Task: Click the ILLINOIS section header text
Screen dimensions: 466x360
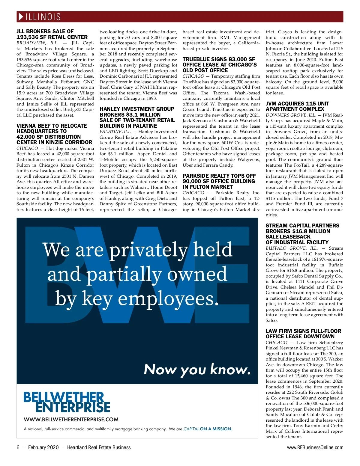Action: coord(43,17)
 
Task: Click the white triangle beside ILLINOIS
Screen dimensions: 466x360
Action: coord(21,17)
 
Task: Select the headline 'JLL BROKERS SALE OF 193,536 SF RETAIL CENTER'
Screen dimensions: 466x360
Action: coord(52,34)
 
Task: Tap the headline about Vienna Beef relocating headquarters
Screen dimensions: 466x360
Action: coord(54,134)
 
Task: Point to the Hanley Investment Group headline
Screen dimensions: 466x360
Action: coord(137,117)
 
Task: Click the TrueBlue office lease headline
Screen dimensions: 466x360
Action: coord(220,65)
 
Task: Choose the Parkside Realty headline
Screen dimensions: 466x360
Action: coord(219,181)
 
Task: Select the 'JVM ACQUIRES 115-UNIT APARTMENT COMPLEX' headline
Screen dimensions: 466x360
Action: coord(297,106)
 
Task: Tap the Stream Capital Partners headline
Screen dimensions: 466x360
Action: coord(302,234)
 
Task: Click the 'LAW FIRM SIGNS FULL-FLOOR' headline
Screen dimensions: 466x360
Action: coord(303,334)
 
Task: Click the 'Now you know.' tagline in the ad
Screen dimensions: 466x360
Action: coord(197,370)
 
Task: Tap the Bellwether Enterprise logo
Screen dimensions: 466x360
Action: coord(67,402)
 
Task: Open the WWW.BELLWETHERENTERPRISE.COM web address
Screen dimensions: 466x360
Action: coord(71,420)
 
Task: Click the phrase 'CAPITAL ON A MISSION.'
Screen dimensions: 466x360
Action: coord(208,429)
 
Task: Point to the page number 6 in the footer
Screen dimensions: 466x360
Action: coord(18,447)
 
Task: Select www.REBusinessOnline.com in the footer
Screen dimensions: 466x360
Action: coord(315,447)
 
